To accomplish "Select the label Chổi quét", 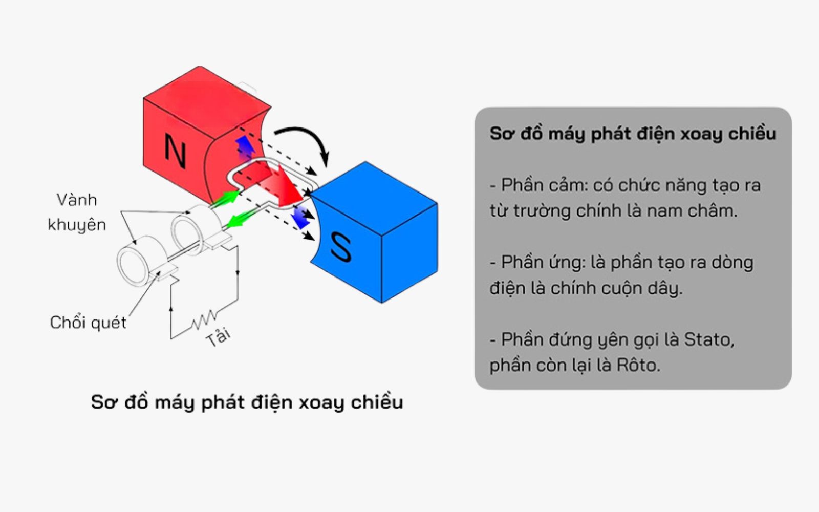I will [x=88, y=323].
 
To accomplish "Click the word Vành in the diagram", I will [x=77, y=200].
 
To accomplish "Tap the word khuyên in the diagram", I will [x=77, y=224].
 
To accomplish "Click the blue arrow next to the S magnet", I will [x=300, y=217].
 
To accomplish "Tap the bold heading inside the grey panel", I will [x=633, y=134].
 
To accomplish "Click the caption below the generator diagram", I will [x=247, y=402].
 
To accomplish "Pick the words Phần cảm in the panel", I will [x=544, y=185].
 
